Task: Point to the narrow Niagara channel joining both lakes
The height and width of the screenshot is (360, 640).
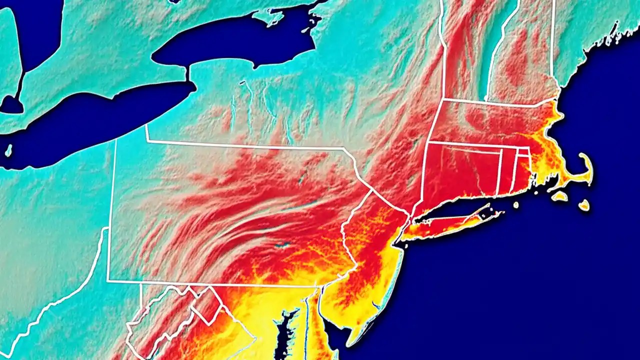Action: [187, 75]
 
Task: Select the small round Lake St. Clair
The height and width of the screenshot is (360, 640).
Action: [11, 105]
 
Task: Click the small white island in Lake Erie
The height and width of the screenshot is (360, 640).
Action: [8, 149]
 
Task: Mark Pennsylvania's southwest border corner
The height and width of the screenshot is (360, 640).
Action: [107, 281]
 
